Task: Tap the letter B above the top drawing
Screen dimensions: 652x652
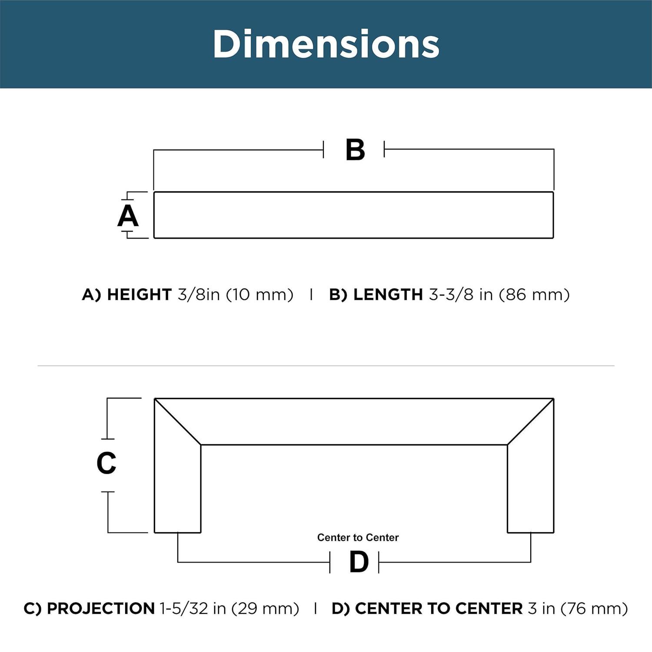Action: pyautogui.click(x=355, y=150)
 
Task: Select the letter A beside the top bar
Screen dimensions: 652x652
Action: pyautogui.click(x=128, y=216)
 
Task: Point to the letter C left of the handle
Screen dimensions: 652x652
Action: pyautogui.click(x=106, y=463)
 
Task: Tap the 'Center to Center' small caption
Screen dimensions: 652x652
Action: pyautogui.click(x=358, y=538)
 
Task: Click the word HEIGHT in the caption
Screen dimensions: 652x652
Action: pyautogui.click(x=140, y=295)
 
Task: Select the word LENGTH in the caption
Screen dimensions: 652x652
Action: pyautogui.click(x=388, y=295)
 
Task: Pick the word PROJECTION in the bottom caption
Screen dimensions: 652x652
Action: pyautogui.click(x=101, y=609)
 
